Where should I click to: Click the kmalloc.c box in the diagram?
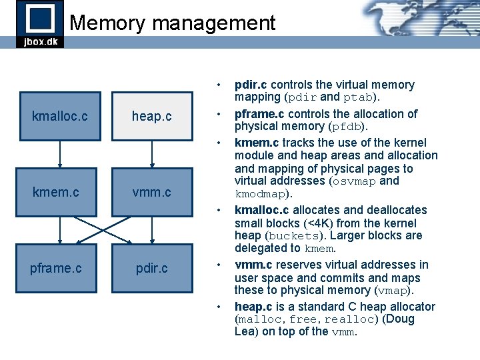click(x=60, y=116)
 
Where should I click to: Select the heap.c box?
click(x=151, y=116)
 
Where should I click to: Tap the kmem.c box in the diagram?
click(x=56, y=192)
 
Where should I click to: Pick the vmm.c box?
click(x=151, y=192)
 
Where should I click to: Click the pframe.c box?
click(x=56, y=268)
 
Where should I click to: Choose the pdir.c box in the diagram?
click(x=151, y=268)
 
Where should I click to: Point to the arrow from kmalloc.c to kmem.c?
click(x=61, y=154)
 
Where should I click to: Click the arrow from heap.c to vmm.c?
click(x=152, y=154)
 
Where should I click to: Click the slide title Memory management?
click(x=172, y=23)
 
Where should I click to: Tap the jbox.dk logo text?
click(x=40, y=41)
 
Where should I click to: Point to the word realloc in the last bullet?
click(x=350, y=319)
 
